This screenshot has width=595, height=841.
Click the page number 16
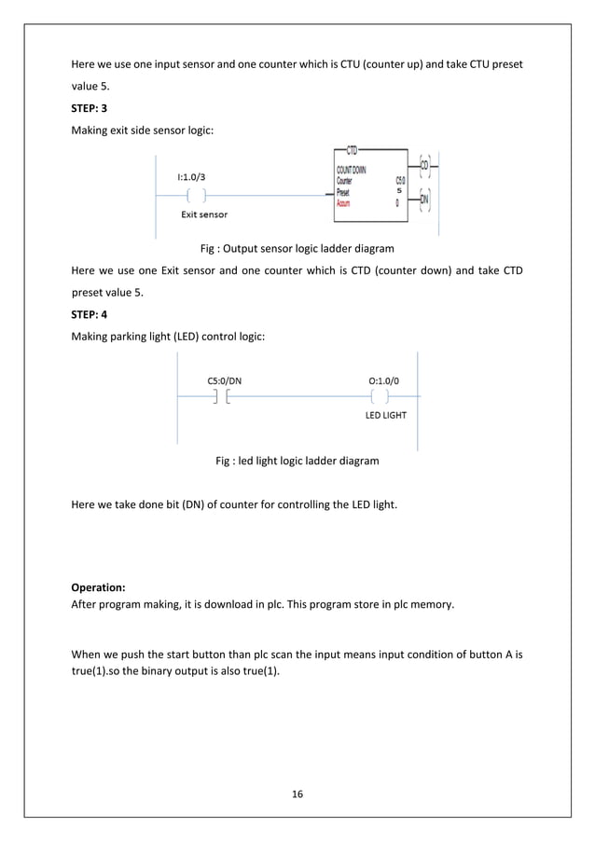(x=297, y=793)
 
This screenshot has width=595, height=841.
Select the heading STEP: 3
(x=90, y=109)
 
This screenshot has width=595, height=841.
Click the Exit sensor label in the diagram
(x=203, y=214)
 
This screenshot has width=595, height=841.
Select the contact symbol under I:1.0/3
(x=196, y=195)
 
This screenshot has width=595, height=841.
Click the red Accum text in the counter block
(x=344, y=200)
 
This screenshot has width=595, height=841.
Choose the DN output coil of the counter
(x=424, y=199)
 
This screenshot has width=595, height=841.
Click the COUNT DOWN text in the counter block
(x=352, y=170)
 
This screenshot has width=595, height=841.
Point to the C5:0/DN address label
(x=225, y=379)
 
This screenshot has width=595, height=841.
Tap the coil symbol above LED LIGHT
(x=381, y=398)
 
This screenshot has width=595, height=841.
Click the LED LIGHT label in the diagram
(x=385, y=416)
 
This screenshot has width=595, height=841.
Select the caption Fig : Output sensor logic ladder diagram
(x=297, y=249)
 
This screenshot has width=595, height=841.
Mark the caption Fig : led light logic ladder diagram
(x=297, y=461)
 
